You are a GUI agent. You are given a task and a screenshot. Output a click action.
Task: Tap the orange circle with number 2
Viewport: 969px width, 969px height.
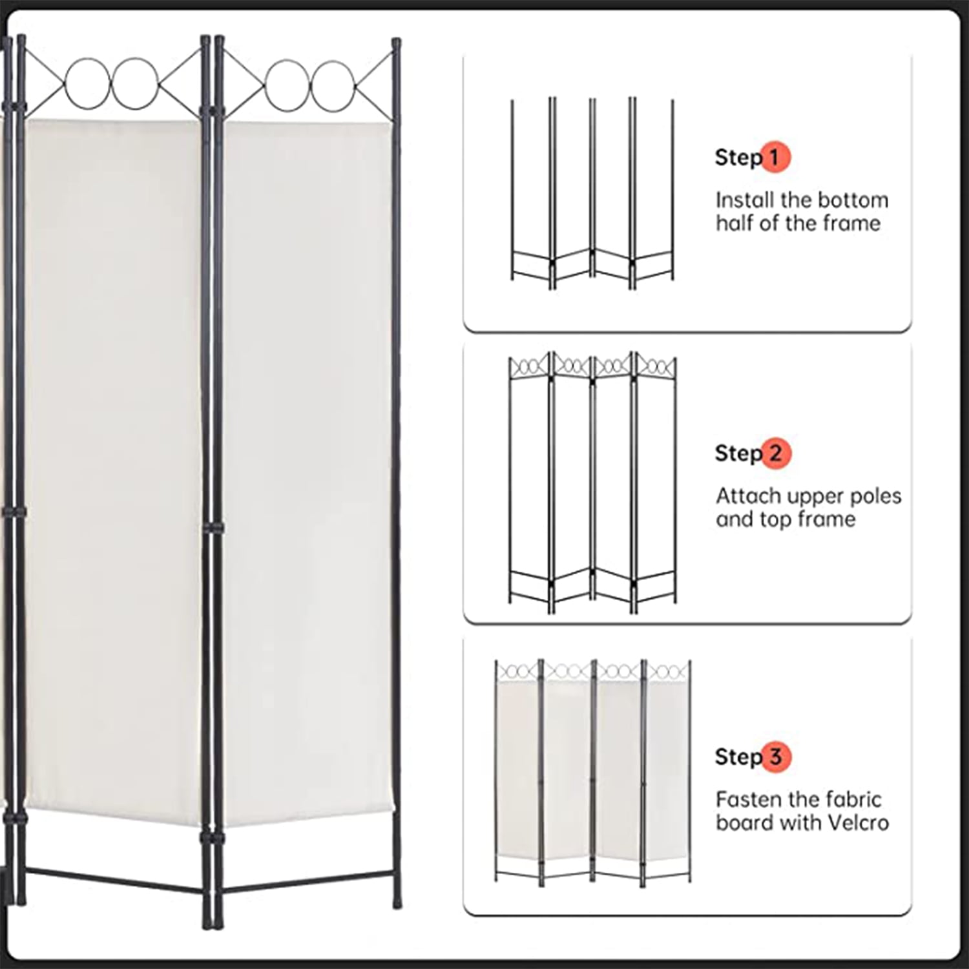pyautogui.click(x=776, y=453)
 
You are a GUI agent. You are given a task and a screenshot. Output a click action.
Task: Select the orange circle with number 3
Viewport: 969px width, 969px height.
pyautogui.click(x=776, y=756)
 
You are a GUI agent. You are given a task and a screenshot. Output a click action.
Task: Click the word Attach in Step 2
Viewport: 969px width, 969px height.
pyautogui.click(x=745, y=495)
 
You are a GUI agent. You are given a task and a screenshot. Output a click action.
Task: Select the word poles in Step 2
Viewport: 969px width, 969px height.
pyautogui.click(x=873, y=495)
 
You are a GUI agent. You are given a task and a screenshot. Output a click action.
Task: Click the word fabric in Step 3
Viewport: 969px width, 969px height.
pyautogui.click(x=851, y=799)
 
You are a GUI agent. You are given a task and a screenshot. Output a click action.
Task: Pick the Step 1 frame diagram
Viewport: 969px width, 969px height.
pyautogui.click(x=592, y=193)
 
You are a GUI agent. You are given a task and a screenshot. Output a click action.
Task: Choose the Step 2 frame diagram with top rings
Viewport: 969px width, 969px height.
pyautogui.click(x=592, y=483)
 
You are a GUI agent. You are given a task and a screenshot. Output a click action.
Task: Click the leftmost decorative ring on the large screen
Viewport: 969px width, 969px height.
pyautogui.click(x=88, y=83)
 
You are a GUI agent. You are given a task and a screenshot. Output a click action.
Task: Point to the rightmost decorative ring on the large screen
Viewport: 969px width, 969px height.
pyautogui.click(x=333, y=86)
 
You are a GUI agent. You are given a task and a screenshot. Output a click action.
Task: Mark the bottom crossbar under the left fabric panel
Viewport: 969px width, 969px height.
pyautogui.click(x=114, y=881)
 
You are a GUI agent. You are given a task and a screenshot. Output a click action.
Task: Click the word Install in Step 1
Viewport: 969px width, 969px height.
pyautogui.click(x=741, y=200)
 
